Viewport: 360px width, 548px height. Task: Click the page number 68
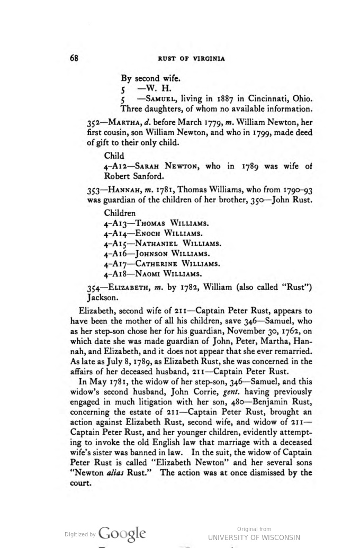pyautogui.click(x=74, y=58)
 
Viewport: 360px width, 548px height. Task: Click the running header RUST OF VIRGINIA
pyautogui.click(x=191, y=59)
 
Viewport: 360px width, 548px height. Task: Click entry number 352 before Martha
pyautogui.click(x=94, y=123)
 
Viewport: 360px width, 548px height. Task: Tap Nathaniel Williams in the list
pyautogui.click(x=178, y=244)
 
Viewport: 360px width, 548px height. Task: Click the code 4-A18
pyautogui.click(x=115, y=274)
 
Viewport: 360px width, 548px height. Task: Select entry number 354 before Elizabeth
pyautogui.click(x=94, y=288)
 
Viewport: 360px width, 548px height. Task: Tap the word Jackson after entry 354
pyautogui.click(x=103, y=298)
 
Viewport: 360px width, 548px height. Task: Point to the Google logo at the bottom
pyautogui.click(x=122, y=534)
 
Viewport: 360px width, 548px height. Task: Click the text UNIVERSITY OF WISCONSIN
pyautogui.click(x=254, y=537)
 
